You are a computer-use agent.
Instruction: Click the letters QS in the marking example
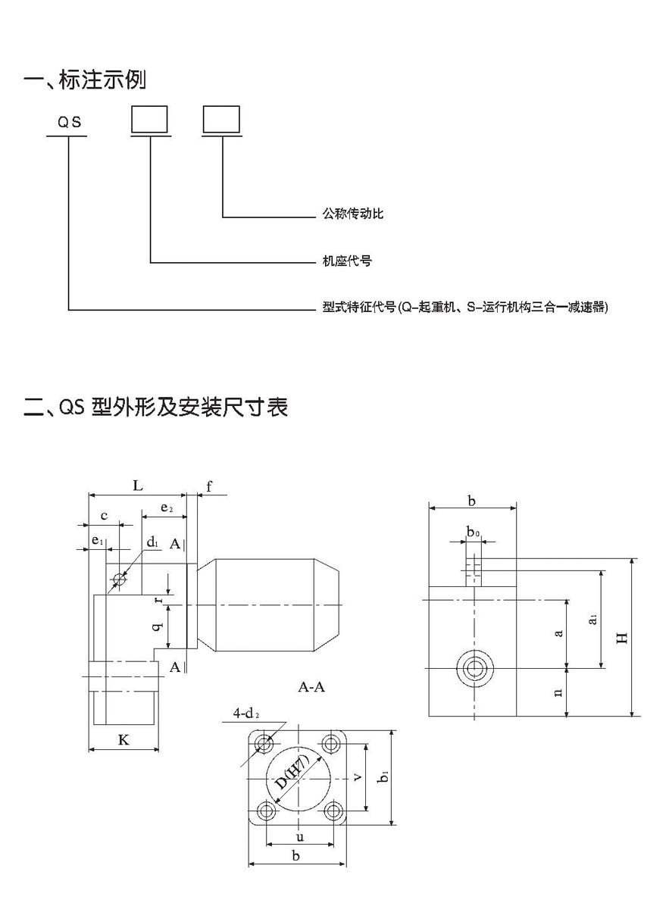click(x=69, y=121)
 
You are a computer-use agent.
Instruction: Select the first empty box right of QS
click(x=150, y=119)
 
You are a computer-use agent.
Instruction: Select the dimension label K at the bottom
click(x=123, y=740)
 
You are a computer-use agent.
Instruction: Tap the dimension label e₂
click(x=167, y=508)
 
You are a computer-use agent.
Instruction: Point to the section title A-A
click(x=311, y=687)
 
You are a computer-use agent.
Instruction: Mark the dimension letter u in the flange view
click(x=300, y=838)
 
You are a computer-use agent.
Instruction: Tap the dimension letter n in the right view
click(x=558, y=692)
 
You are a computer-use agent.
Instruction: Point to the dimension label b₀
click(x=472, y=533)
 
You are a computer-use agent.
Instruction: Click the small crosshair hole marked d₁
click(x=119, y=580)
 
